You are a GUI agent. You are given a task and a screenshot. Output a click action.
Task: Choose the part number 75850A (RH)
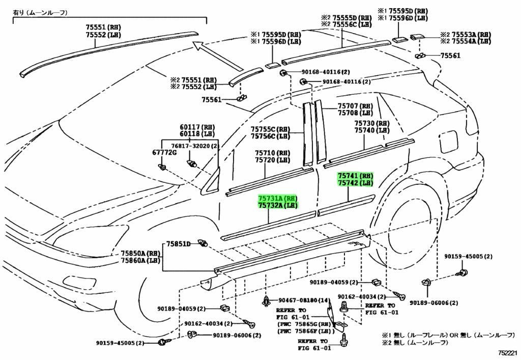click(x=140, y=253)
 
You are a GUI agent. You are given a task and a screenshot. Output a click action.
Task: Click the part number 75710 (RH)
click(x=272, y=153)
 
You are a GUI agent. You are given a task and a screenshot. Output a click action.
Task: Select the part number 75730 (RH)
click(x=371, y=123)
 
